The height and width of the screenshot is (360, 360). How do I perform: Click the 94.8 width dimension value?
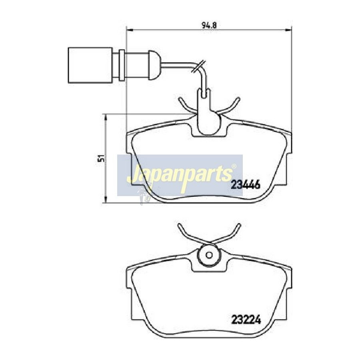pos(209,25)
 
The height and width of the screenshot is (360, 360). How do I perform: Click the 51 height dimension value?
pos(100,159)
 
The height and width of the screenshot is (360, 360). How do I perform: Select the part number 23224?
pos(246,319)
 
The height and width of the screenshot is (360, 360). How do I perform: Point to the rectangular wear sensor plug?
pos(90,65)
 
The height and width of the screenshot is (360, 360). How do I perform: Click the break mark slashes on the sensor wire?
pos(199,66)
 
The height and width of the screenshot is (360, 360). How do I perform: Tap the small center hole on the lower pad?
pos(209,255)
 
